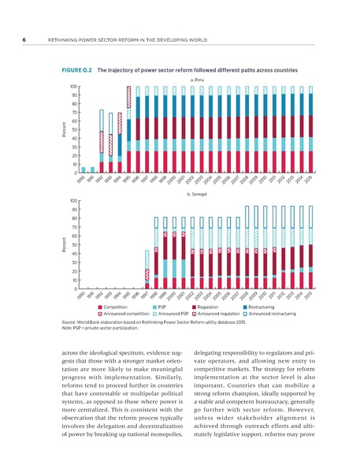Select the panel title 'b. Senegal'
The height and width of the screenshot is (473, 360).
click(x=194, y=193)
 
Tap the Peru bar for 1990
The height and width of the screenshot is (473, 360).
click(x=84, y=170)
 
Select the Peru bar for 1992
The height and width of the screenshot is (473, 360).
click(x=102, y=142)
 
